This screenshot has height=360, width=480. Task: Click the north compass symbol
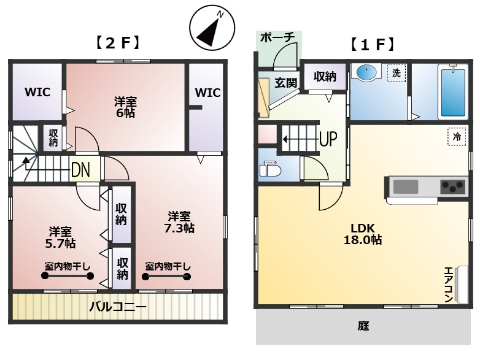pyautogui.click(x=212, y=28)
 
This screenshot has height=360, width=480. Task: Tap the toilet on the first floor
pyautogui.click(x=270, y=169)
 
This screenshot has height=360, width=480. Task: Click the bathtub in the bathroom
pyautogui.click(x=453, y=91)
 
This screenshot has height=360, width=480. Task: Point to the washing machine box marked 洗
pyautogui.click(x=397, y=73)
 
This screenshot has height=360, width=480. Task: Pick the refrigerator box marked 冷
pyautogui.click(x=457, y=136)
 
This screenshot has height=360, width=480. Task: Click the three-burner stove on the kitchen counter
pyautogui.click(x=452, y=186)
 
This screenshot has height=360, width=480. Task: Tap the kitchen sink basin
pyautogui.click(x=406, y=186)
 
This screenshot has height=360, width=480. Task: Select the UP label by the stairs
pyautogui.click(x=328, y=139)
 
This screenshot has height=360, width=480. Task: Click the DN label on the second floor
pyautogui.click(x=80, y=170)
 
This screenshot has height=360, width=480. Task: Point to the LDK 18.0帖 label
pyautogui.click(x=362, y=234)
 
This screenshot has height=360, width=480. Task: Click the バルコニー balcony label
pyautogui.click(x=118, y=306)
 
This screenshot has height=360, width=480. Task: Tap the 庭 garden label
pyautogui.click(x=363, y=326)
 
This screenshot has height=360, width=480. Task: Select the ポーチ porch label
pyautogui.click(x=277, y=37)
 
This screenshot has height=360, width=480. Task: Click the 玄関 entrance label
pyautogui.click(x=285, y=82)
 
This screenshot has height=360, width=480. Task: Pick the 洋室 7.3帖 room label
pyautogui.click(x=179, y=223)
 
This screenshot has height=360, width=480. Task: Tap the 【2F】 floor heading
pyautogui.click(x=118, y=43)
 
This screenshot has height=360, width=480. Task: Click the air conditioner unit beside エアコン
pyautogui.click(x=462, y=285)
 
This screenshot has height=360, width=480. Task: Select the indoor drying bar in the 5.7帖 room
pyautogui.click(x=68, y=276)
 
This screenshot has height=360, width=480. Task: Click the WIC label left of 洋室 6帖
pyautogui.click(x=37, y=92)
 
